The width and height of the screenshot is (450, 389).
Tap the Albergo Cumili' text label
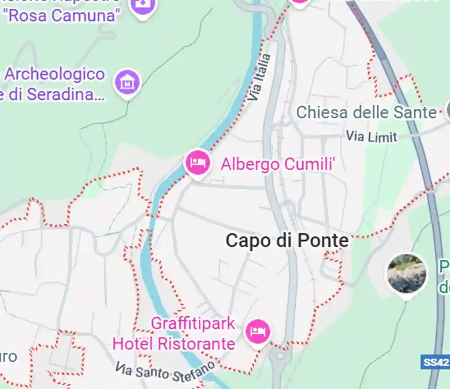[x=278, y=164]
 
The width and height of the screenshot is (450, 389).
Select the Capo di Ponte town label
[x=287, y=240]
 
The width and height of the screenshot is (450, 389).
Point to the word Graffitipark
[x=193, y=323]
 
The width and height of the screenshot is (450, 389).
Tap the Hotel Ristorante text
[x=174, y=344]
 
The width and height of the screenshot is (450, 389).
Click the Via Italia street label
[x=259, y=77]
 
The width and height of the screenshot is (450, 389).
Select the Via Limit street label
[x=371, y=137]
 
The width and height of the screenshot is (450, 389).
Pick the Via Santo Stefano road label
[x=165, y=372]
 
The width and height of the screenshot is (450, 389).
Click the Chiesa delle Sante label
[x=366, y=112]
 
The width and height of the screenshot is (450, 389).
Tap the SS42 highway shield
[x=435, y=362]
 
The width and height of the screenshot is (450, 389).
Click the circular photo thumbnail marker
[x=406, y=274]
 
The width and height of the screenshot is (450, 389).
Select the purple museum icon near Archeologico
[x=127, y=82]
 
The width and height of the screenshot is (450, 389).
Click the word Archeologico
[x=54, y=74]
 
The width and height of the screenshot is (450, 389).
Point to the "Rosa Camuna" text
[x=61, y=16]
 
